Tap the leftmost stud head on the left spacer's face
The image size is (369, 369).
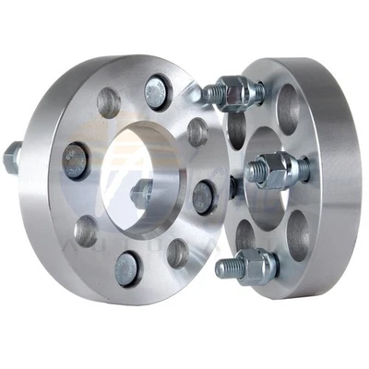coord(75,162)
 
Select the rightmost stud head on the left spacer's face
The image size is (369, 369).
coord(204,196)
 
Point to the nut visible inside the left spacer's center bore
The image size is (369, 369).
coord(141,193)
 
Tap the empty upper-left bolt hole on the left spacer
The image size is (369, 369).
coord(108,101)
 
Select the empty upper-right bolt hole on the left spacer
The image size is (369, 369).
coord(196,132)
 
